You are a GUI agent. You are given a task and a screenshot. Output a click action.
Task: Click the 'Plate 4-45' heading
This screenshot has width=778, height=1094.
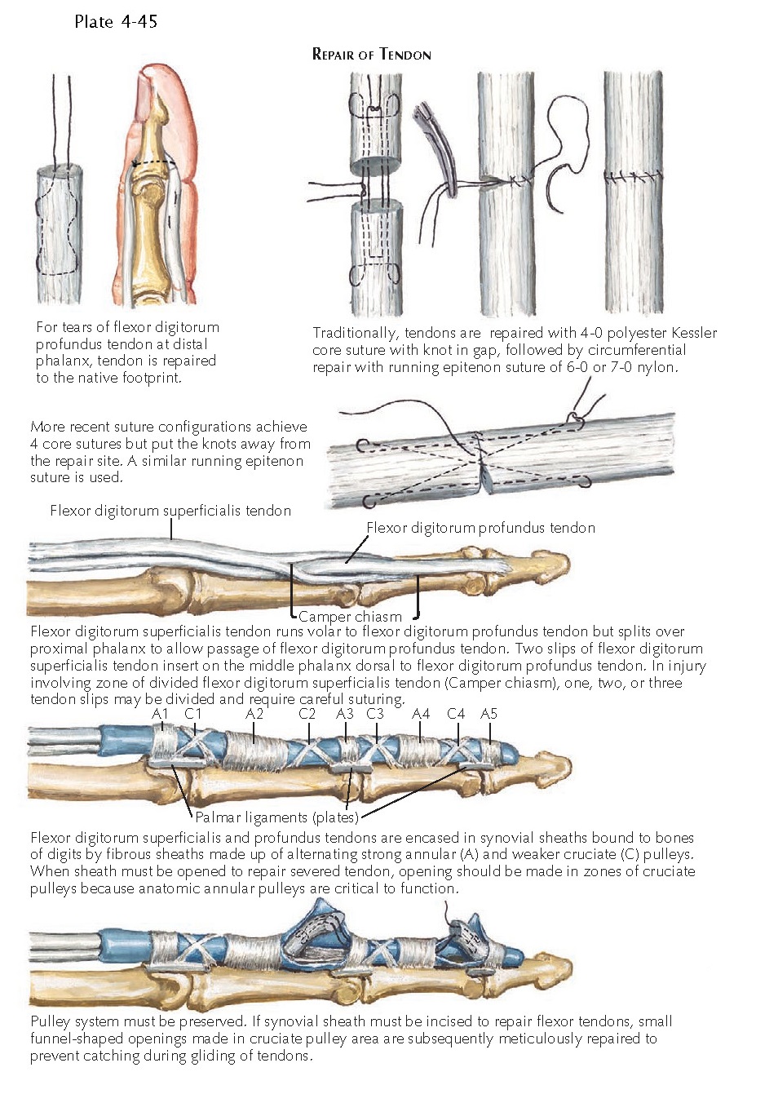[115, 21]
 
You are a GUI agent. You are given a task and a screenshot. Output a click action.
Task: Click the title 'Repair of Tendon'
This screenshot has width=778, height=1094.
[371, 55]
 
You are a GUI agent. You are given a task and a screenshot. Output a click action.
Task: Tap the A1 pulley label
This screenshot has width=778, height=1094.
[160, 714]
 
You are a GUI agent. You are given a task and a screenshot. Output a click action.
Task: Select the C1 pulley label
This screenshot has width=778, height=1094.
[192, 714]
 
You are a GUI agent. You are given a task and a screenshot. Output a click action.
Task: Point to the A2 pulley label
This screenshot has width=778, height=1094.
[254, 714]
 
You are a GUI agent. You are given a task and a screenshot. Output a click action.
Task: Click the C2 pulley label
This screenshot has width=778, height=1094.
[307, 714]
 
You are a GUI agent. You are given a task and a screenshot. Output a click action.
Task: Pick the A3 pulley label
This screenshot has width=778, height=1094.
[345, 714]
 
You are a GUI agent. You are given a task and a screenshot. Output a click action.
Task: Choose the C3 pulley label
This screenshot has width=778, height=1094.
[374, 714]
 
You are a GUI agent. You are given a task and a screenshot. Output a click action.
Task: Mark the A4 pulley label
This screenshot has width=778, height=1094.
[421, 714]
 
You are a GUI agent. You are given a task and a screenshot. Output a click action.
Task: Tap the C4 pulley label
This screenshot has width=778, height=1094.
[456, 714]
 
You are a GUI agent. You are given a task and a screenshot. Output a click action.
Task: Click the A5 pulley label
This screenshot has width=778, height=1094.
[488, 714]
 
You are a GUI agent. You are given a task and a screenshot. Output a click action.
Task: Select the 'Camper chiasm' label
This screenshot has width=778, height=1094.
[350, 617]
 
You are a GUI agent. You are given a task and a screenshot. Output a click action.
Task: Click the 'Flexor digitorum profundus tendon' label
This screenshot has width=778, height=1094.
[480, 528]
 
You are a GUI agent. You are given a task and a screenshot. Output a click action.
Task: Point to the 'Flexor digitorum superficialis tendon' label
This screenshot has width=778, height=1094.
[170, 511]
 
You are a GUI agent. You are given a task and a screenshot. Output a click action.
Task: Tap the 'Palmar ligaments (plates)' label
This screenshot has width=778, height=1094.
[276, 817]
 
